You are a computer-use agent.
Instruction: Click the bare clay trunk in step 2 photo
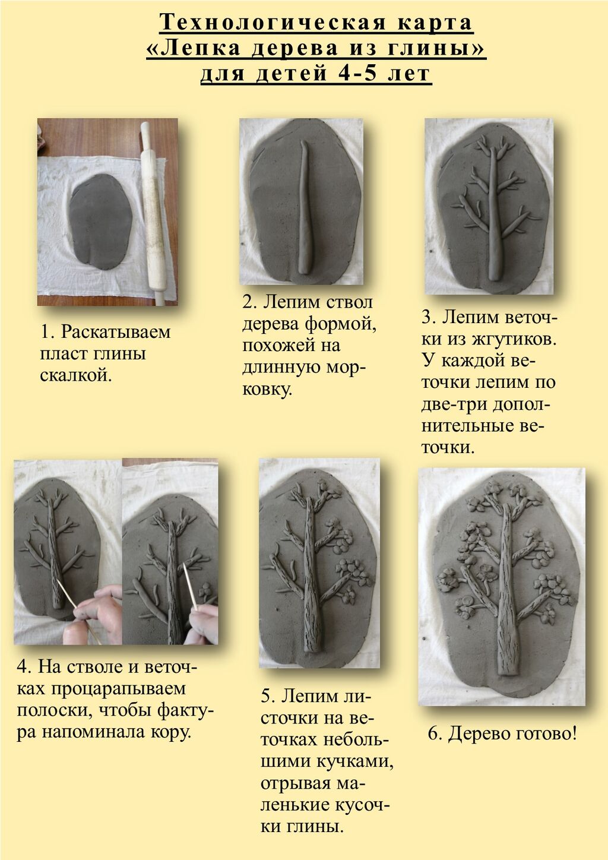pyautogui.click(x=306, y=207)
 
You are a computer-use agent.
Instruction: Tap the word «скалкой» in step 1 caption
pyautogui.click(x=76, y=375)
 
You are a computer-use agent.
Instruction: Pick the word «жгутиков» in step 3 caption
pyautogui.click(x=514, y=339)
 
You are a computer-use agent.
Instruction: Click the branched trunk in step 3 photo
pyautogui.click(x=495, y=215)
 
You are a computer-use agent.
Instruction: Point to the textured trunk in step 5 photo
pyautogui.click(x=310, y=576)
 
